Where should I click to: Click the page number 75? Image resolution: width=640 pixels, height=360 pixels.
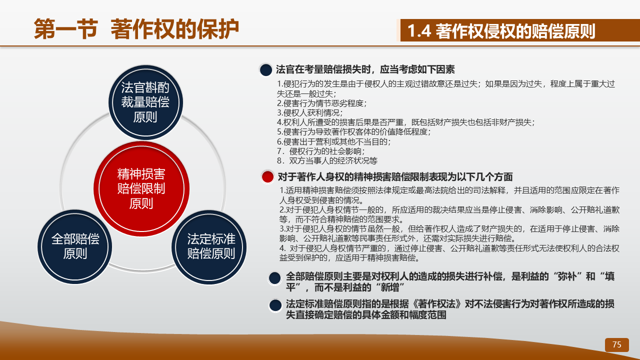pos(617,344)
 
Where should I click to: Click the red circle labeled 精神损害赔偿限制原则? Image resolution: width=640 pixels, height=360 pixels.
pos(141,189)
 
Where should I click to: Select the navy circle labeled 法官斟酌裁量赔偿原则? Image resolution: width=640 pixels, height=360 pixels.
pos(145,102)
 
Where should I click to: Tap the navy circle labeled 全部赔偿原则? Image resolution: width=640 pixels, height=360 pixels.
pos(75,247)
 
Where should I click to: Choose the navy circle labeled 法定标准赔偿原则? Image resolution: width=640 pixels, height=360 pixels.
pos(209,247)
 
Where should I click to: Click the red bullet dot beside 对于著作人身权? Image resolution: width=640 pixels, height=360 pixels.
pos(267,177)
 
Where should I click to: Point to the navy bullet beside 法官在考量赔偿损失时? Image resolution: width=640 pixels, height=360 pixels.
pos(265,70)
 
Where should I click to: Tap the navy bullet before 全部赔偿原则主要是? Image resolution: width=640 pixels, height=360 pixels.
pos(275,278)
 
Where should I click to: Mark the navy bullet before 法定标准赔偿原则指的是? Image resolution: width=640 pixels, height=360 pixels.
pos(275,305)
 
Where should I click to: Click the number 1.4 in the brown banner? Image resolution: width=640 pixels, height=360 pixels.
pos(419,31)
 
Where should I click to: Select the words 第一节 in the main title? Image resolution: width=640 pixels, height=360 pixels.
pos(66,29)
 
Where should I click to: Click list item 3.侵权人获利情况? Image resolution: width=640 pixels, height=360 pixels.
pos(309,113)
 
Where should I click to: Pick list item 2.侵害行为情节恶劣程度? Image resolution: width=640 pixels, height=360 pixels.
pos(321,103)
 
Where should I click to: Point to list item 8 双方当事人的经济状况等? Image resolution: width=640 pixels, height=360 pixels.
pos(327,160)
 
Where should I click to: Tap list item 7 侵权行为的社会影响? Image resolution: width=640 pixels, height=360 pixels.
pos(321,151)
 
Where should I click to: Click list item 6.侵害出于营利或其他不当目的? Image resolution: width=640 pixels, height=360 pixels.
pos(333,141)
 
